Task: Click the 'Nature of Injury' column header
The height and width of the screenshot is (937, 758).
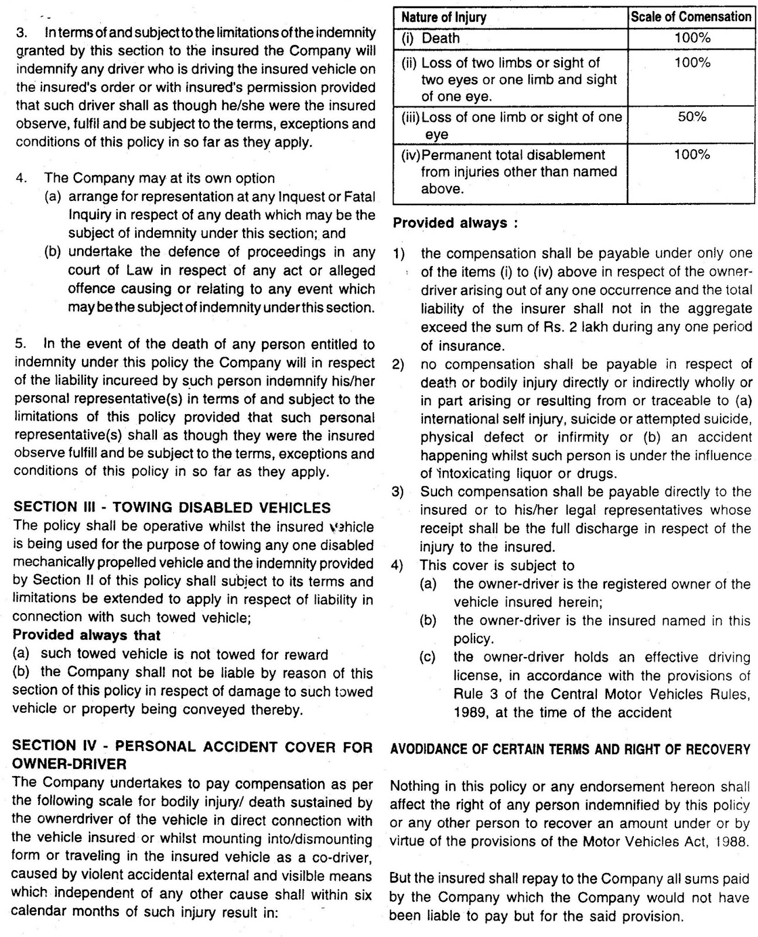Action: point(443,18)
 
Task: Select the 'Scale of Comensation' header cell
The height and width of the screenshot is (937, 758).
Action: point(691,17)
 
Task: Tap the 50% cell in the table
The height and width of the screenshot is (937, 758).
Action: point(692,117)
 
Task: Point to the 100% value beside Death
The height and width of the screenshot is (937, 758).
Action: point(692,39)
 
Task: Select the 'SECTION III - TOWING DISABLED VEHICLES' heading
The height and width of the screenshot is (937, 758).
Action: point(172,508)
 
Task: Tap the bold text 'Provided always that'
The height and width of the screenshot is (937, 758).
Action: point(86,635)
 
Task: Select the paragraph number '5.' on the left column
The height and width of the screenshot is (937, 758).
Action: point(21,344)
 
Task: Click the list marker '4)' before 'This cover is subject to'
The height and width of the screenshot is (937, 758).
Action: point(398,566)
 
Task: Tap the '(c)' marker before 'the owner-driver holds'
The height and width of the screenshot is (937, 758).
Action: point(428,658)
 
